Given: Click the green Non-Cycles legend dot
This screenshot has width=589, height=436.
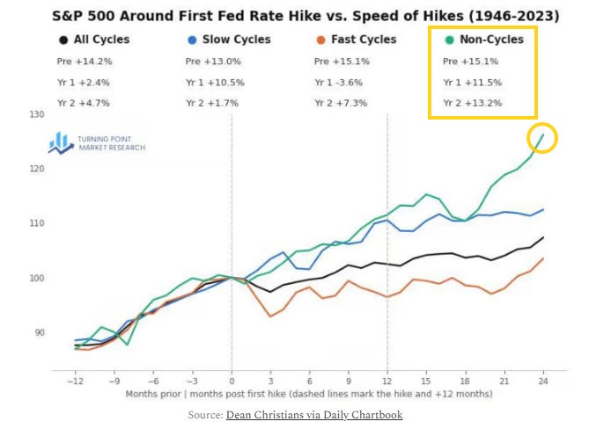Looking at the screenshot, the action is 449,40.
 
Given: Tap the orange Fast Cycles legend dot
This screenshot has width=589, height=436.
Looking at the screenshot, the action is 320,40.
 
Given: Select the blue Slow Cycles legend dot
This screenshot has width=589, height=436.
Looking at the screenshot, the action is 192,40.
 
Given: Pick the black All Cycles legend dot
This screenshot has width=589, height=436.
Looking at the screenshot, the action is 63,40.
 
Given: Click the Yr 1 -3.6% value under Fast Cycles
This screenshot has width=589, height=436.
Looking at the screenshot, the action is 339,83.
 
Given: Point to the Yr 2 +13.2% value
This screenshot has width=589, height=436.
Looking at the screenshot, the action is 473,103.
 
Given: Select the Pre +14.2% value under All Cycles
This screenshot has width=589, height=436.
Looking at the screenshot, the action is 85,62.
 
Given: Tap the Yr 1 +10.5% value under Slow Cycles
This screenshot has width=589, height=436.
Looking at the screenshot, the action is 215,83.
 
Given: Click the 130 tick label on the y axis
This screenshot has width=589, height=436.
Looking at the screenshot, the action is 37,114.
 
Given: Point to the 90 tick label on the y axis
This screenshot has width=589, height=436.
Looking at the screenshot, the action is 40,332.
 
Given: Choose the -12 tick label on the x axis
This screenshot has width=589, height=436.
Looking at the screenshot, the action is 75,381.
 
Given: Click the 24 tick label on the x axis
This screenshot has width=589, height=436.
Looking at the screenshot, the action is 543,381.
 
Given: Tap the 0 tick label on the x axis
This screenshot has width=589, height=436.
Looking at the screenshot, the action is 232,381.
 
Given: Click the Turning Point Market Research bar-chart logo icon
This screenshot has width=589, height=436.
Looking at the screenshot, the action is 61,142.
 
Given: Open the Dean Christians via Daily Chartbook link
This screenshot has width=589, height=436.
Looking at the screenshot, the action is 314,415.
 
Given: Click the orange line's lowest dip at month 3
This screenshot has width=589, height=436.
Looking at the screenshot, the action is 270,316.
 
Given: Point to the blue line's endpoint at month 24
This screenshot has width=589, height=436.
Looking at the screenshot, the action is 543,209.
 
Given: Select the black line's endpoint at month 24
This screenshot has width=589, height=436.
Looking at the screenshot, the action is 543,237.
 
